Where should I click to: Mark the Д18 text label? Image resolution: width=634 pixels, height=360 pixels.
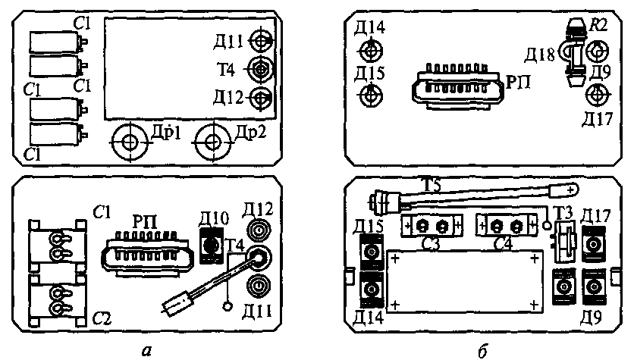540,55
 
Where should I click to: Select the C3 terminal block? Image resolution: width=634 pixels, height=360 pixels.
430,226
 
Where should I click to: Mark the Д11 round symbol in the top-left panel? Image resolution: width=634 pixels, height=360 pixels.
262,39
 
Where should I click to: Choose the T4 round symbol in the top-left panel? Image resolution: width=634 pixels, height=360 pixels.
262,69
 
